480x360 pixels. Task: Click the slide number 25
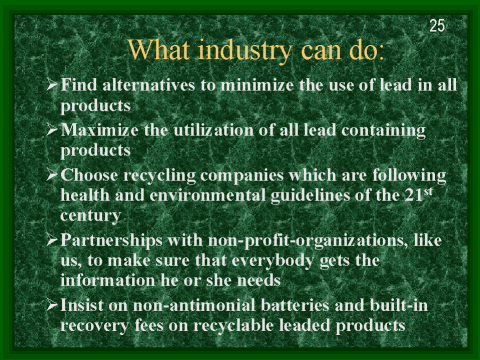click(x=436, y=25)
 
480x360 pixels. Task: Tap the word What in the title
click(x=162, y=49)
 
